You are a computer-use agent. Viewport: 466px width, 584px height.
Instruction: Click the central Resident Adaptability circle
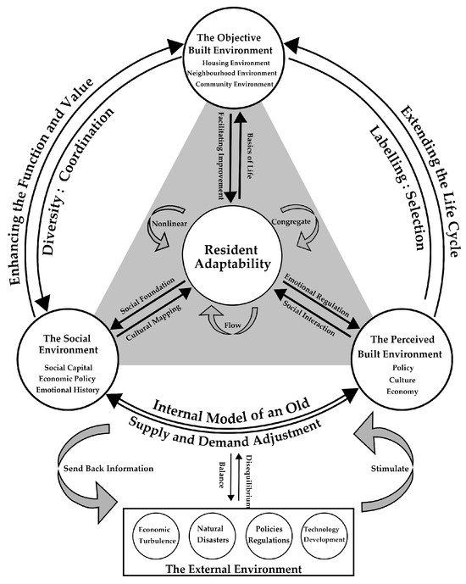click(232, 262)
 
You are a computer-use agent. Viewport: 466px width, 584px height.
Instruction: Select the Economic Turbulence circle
click(157, 534)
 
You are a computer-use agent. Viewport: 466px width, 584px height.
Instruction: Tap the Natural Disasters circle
click(209, 534)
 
